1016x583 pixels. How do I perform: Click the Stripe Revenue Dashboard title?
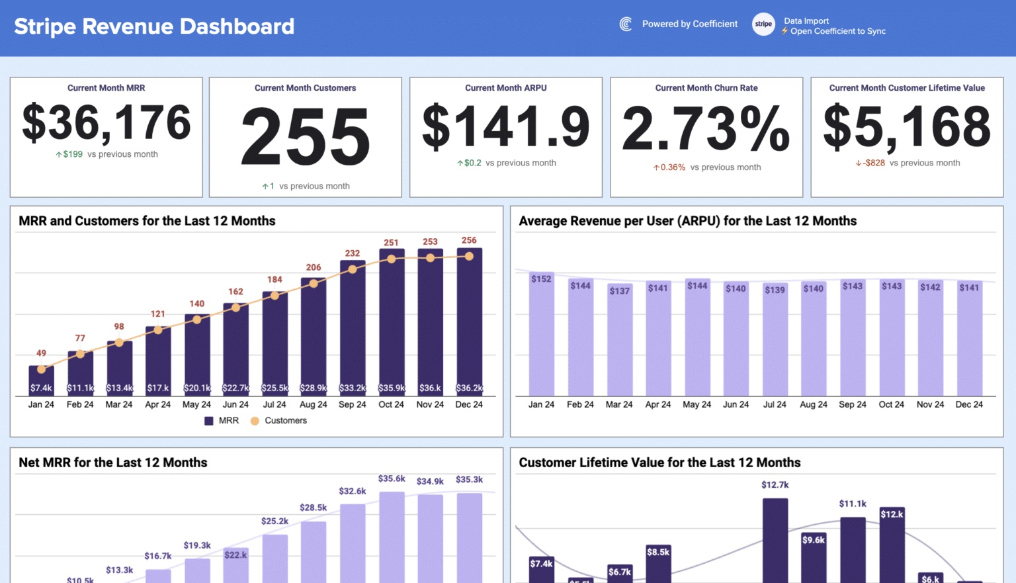tap(154, 26)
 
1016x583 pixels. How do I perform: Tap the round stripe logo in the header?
tap(763, 24)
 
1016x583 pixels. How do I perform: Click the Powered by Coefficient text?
tap(689, 24)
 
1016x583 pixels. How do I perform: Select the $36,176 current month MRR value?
tap(106, 123)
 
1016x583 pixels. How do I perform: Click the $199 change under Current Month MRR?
tap(73, 154)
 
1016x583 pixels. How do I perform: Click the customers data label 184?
tap(275, 279)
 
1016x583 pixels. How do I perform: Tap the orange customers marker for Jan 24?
tap(41, 369)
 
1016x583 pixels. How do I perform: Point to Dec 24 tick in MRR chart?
tap(469, 404)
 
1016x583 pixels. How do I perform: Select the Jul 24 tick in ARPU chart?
tap(775, 404)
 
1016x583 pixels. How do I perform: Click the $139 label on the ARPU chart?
tap(775, 290)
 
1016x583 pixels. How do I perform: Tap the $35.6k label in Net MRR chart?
tap(392, 478)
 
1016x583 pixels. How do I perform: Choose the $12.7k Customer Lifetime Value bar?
tap(775, 539)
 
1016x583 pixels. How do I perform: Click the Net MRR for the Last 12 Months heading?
tap(113, 463)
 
